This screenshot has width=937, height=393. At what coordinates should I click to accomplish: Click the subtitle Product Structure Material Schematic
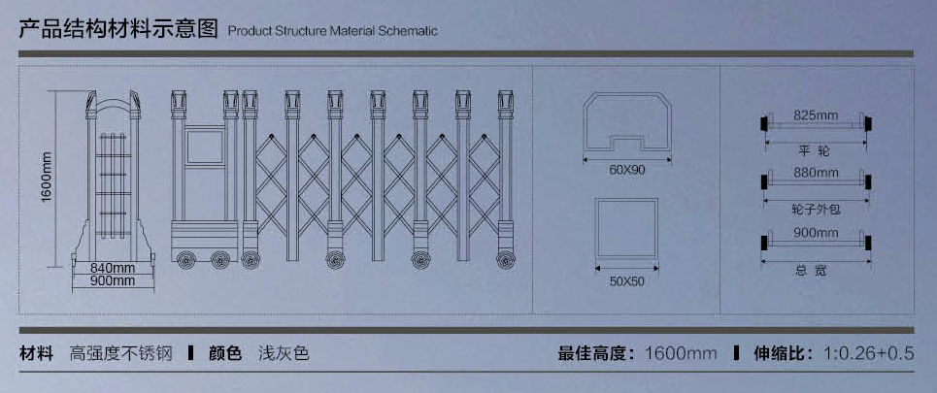coord(332,31)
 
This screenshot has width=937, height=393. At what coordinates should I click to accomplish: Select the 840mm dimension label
coord(113,267)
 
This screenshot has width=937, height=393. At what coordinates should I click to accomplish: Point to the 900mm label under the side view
coord(113,281)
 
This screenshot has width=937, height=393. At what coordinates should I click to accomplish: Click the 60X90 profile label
coord(626,169)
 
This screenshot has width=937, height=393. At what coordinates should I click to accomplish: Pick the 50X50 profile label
coord(626,280)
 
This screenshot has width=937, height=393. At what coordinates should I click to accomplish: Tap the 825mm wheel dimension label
coord(815,115)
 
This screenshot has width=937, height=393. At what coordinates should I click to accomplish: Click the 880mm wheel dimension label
coord(815,173)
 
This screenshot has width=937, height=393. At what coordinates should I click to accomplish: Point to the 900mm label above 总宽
coord(815,232)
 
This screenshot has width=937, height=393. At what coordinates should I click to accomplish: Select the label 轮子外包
coord(815,208)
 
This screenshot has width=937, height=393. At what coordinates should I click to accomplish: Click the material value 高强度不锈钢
coord(120,353)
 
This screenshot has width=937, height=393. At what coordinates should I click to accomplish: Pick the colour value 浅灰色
coord(284,353)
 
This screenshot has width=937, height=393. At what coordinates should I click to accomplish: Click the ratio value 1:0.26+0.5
coord(869,353)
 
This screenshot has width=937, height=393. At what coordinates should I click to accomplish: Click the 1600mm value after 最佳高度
coord(680,353)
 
